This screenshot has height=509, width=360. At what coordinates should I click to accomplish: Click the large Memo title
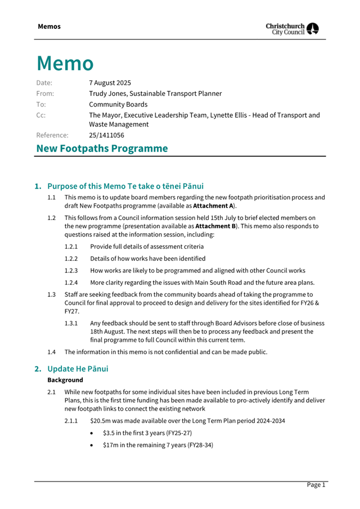tap(65, 63)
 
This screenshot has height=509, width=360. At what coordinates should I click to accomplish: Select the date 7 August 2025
tap(110, 83)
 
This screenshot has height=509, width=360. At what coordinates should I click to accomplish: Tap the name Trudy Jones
tap(108, 93)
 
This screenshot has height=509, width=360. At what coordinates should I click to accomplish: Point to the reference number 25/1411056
tap(107, 136)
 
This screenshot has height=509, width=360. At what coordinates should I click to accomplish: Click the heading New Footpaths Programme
tap(102, 148)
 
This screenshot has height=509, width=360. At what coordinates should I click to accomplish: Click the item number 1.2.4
tap(71, 283)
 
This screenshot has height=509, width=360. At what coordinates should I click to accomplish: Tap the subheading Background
tap(65, 380)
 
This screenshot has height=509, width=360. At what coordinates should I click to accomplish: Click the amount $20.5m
tap(102, 420)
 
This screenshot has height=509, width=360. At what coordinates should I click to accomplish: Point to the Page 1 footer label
tap(315, 484)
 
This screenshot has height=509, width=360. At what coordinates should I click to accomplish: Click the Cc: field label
tap(41, 115)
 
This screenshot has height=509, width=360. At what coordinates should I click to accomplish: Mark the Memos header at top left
tap(49, 27)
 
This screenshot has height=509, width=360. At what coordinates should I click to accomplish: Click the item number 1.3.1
tap(71, 323)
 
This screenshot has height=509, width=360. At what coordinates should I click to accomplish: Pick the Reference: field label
tap(52, 136)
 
